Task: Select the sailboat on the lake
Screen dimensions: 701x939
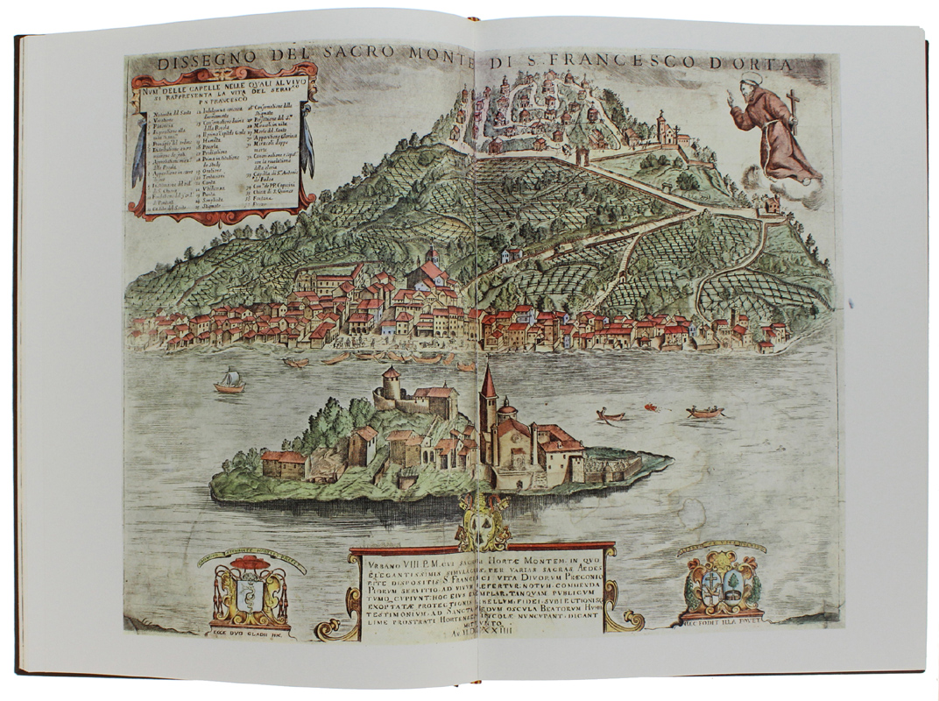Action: tap(229, 379)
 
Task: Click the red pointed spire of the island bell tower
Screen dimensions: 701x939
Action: tap(488, 383)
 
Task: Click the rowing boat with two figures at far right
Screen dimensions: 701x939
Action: tap(705, 411)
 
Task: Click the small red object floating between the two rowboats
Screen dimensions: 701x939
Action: tap(651, 407)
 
